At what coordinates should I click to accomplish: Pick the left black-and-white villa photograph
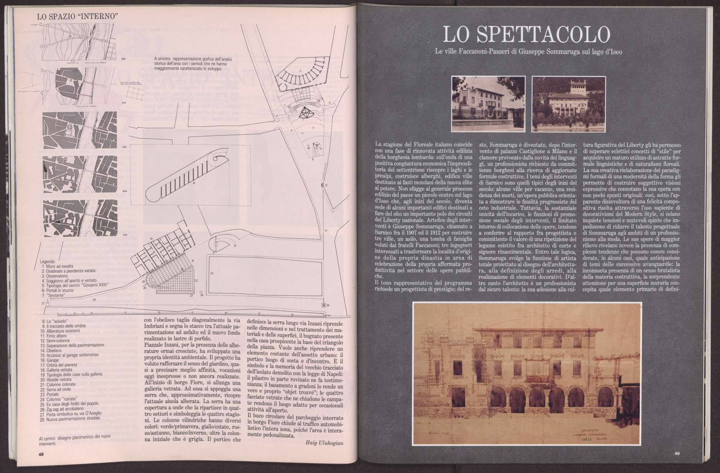(489, 103)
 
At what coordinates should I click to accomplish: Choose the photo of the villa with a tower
(568, 103)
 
